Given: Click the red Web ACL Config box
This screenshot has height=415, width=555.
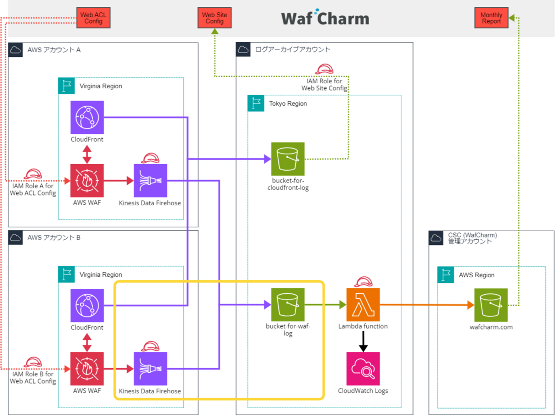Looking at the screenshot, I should coord(93,18).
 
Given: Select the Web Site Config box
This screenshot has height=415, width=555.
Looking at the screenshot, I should coord(214,18).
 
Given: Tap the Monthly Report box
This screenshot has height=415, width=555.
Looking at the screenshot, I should coord(491,18).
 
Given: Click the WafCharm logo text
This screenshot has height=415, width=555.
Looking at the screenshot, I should coord(325,18).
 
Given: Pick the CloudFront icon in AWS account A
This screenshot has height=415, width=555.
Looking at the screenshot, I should coord(87,117).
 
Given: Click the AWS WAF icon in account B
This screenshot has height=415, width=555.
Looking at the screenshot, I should coord(87,369).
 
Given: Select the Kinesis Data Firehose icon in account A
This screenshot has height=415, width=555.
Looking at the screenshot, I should coord(150,180).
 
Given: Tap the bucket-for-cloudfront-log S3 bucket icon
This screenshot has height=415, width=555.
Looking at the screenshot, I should coord(288,159).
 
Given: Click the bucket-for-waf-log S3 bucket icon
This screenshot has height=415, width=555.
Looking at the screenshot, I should coord(288,305).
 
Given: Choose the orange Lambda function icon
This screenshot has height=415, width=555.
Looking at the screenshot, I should coord(363,305).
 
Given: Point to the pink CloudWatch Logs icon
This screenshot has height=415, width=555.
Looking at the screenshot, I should coord(363,369).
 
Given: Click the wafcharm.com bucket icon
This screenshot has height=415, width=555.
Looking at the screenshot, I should coord(491,305).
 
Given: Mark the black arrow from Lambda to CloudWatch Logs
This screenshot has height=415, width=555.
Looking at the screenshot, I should coord(363,341).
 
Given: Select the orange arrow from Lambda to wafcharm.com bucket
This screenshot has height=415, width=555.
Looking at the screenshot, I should coord(427,305).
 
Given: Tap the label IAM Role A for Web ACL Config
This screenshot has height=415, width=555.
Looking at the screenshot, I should coord(33,189).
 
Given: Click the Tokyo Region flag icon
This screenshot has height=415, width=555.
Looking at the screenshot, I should coord(256,103).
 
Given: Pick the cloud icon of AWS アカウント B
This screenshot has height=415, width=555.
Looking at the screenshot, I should coord(15,238).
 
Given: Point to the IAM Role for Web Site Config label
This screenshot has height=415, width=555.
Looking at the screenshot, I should coord(324,84).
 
